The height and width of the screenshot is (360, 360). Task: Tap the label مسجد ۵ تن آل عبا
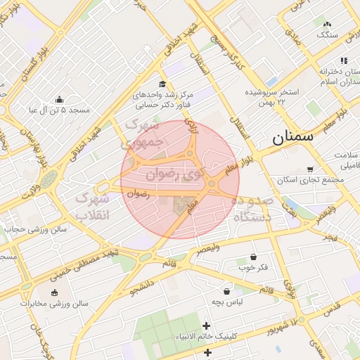tap(60, 110)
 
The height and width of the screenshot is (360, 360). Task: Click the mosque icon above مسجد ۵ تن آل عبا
tap(59, 99)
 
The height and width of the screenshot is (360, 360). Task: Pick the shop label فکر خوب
tap(254, 268)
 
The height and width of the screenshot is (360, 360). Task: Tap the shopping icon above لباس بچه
tap(227, 290)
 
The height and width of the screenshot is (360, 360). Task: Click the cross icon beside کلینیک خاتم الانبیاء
tap(206, 326)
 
